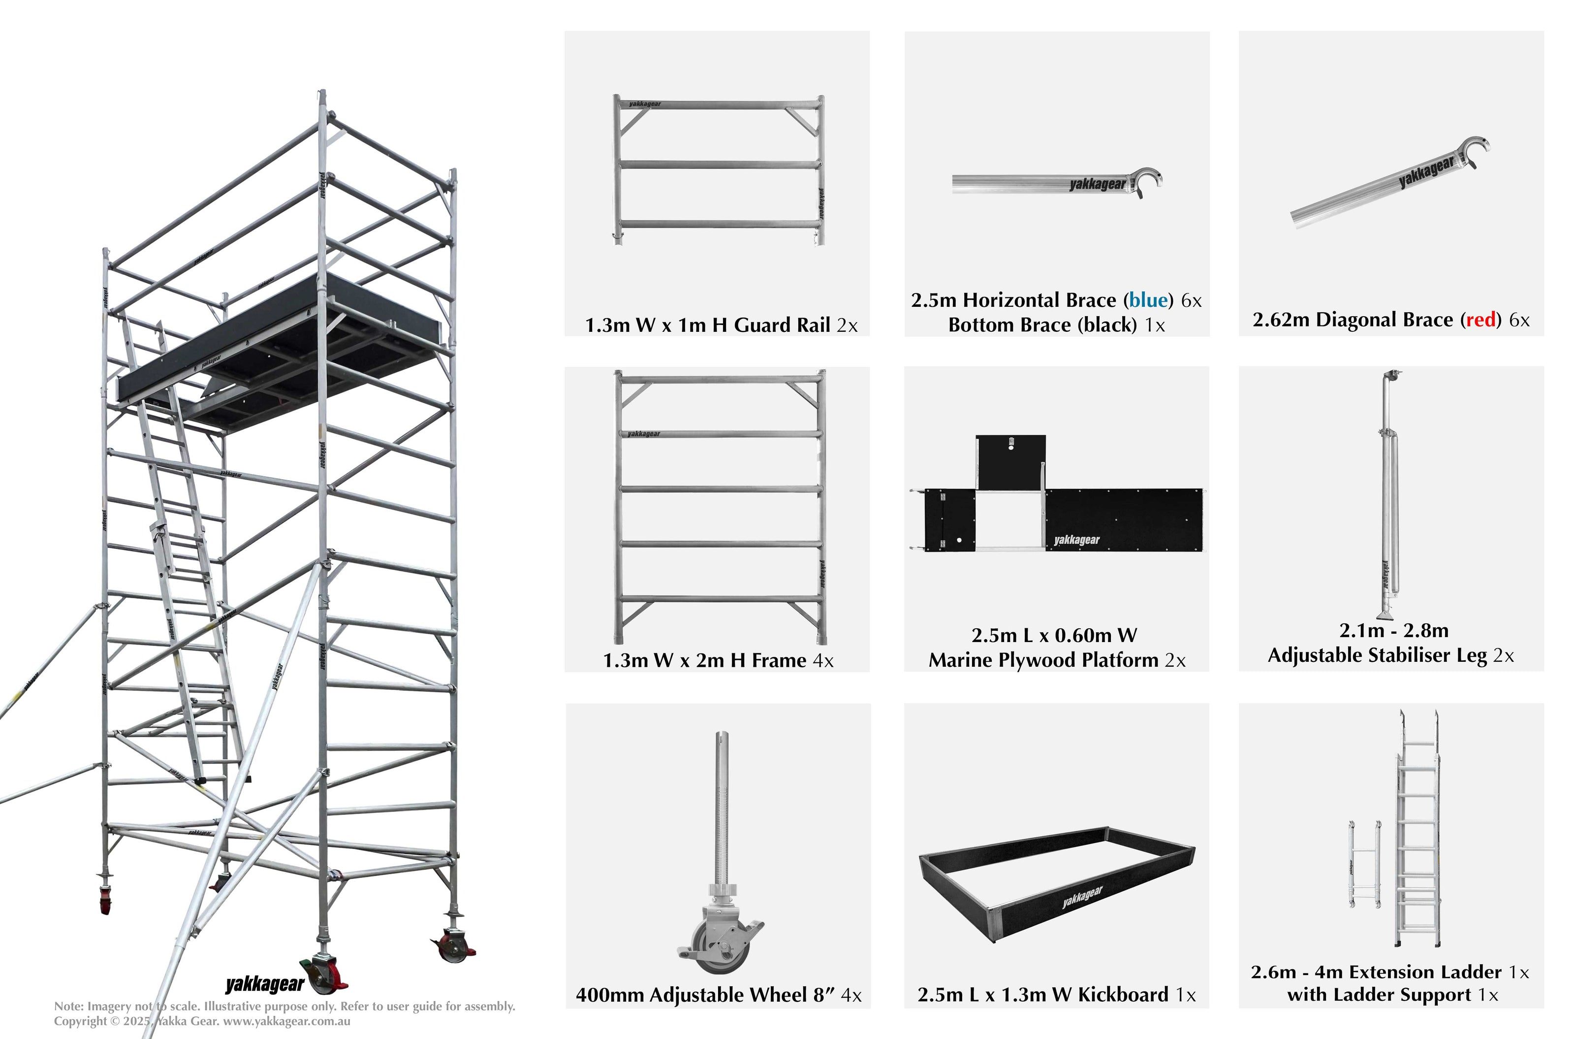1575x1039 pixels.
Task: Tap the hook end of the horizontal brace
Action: (x=1148, y=182)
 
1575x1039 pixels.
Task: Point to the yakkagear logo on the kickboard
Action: (x=1082, y=897)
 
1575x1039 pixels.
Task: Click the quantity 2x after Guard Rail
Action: (x=847, y=325)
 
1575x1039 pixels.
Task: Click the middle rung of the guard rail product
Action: (x=719, y=164)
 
